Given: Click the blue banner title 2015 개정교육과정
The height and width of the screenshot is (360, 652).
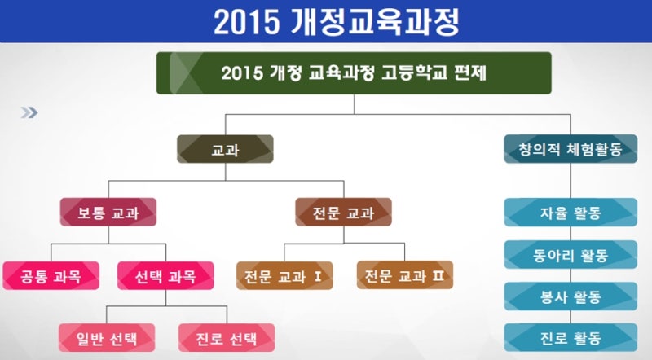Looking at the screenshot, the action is coord(337,22).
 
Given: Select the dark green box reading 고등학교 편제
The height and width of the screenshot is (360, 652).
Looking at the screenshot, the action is coord(354,73).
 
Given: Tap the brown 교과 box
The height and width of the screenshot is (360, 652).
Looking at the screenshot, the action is coord(226,149).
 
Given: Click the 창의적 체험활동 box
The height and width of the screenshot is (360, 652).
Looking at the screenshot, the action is coord(570,149).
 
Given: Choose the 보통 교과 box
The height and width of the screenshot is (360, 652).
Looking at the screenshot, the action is coord(108,212).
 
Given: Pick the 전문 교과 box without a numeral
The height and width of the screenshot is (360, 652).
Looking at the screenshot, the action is coord(343,212).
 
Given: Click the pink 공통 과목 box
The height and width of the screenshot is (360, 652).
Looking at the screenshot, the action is coord(51,275).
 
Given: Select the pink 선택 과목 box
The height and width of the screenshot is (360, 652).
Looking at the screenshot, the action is coord(165,275).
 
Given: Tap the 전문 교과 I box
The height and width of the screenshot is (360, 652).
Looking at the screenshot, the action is coord(284,275).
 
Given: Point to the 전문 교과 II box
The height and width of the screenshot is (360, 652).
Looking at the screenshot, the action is coord(405,274).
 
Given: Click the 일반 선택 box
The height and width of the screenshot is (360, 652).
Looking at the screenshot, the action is coord(107,337).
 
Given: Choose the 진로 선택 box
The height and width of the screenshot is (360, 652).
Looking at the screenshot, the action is coord(227,337).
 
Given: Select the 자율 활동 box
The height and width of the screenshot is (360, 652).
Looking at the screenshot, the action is coord(570,212).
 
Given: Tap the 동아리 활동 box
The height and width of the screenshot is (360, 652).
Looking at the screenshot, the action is coord(570,254).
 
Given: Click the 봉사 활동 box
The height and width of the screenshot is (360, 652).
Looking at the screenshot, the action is coord(570,296).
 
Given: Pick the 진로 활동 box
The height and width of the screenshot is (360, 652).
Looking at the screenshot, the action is coord(570,337).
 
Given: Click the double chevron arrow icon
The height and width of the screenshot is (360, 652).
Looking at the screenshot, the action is coord(29,112).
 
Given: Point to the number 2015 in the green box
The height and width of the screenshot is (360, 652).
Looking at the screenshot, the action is coord(242,73).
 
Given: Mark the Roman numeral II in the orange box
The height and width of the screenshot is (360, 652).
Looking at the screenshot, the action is coord(438,275).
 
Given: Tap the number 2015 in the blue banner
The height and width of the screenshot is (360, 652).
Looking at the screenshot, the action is coord(247,23).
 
